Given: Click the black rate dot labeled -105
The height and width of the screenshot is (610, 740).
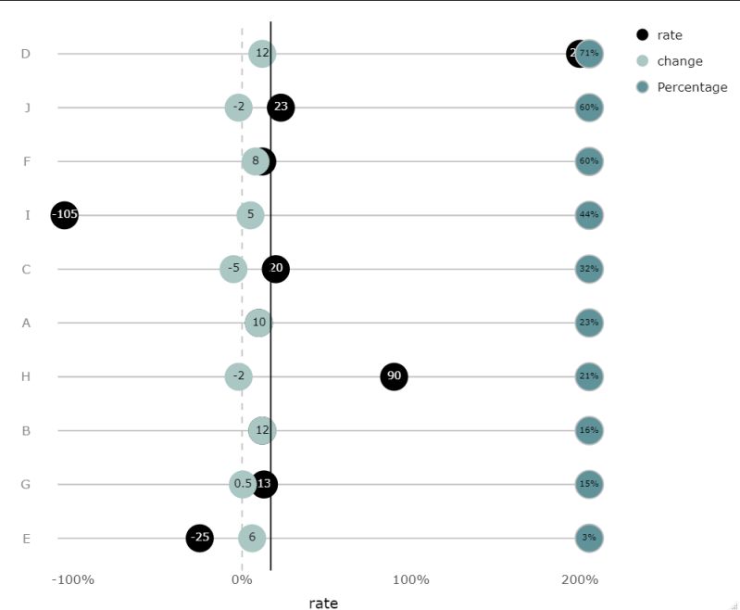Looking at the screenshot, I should pyautogui.click(x=65, y=215).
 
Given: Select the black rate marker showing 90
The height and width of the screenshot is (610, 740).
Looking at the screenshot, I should pyautogui.click(x=394, y=376).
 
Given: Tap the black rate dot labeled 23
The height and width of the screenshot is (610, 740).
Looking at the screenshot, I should pyautogui.click(x=281, y=108).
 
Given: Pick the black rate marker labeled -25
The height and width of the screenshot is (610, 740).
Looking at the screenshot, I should pyautogui.click(x=199, y=538).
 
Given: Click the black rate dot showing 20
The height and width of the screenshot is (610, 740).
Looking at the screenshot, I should pyautogui.click(x=275, y=269).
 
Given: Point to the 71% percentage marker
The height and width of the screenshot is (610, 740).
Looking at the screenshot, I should pyautogui.click(x=589, y=54).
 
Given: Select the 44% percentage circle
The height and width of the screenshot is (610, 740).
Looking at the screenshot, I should pyautogui.click(x=589, y=215).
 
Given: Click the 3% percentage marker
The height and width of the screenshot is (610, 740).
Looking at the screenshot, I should pyautogui.click(x=589, y=538).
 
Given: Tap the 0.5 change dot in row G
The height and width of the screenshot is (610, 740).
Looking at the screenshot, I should pyautogui.click(x=243, y=484).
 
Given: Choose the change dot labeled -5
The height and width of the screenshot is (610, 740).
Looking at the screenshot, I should pyautogui.click(x=233, y=269).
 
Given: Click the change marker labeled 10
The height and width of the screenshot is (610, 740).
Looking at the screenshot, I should pyautogui.click(x=259, y=323).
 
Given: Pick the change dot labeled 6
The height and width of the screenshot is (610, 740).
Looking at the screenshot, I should pyautogui.click(x=252, y=538).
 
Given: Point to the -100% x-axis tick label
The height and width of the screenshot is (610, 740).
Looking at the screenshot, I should pyautogui.click(x=73, y=580).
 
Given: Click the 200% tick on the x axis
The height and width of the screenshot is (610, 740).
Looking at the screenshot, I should pyautogui.click(x=580, y=580).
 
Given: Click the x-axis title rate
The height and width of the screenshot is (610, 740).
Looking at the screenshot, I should pyautogui.click(x=323, y=604).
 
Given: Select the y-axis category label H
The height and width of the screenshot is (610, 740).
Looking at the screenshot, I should pyautogui.click(x=26, y=376).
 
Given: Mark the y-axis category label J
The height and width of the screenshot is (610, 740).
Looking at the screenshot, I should pyautogui.click(x=27, y=108).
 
